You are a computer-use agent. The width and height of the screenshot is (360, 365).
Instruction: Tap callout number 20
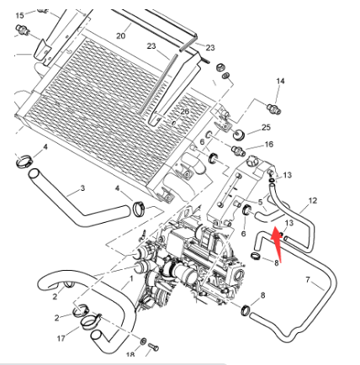click(x=120, y=36)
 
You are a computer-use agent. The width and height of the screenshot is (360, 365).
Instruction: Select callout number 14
click(x=280, y=82)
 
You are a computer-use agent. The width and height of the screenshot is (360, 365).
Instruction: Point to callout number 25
click(x=267, y=127)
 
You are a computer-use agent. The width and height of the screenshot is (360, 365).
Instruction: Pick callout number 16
click(x=268, y=145)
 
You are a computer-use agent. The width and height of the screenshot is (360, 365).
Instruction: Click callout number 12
click(x=313, y=201)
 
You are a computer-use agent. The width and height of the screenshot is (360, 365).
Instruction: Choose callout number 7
click(x=308, y=279)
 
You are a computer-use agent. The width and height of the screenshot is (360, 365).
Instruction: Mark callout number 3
click(x=82, y=188)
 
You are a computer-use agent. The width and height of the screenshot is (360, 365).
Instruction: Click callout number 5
click(x=261, y=202)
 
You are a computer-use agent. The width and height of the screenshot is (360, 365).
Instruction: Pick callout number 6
click(x=202, y=142)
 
